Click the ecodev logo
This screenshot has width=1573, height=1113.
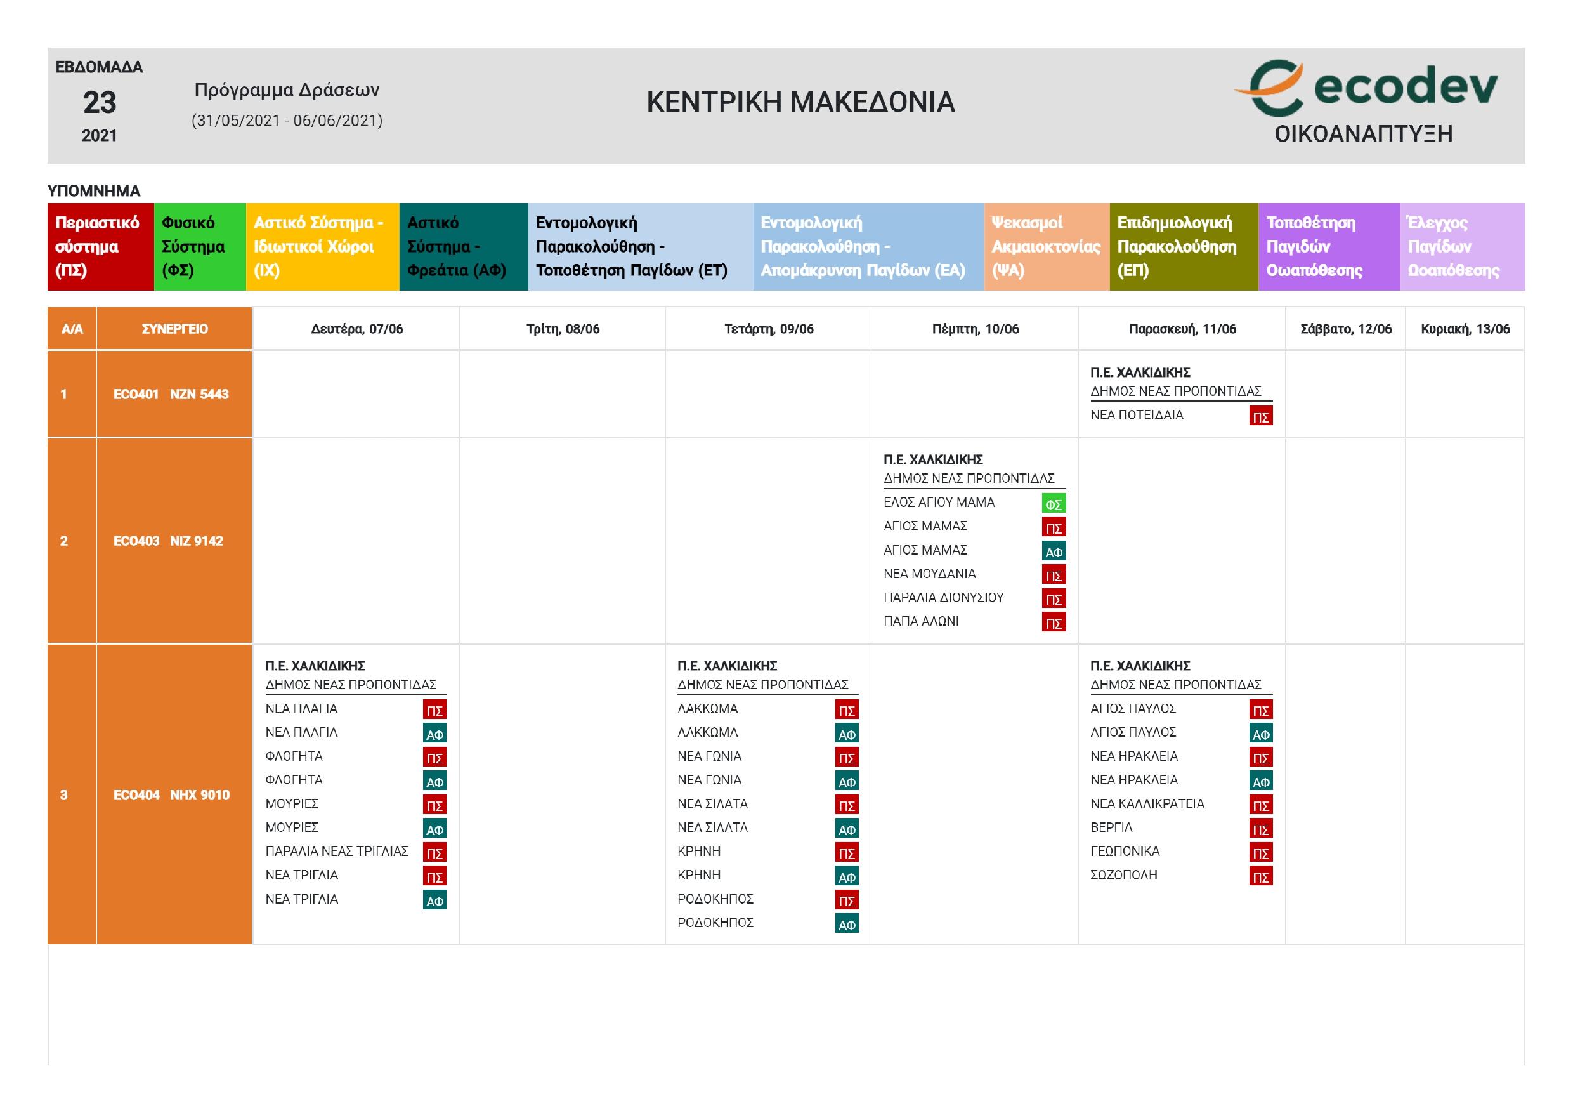coord(1365,89)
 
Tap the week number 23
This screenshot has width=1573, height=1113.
coord(100,103)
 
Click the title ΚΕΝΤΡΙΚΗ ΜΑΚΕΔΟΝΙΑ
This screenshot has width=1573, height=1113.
coord(800,102)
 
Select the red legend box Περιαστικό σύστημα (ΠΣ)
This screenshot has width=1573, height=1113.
coord(100,247)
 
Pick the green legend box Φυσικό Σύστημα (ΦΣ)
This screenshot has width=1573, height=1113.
coord(199,247)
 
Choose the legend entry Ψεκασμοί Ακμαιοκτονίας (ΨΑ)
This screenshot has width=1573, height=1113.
coord(1045,247)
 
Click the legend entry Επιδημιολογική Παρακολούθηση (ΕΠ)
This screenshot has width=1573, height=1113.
coord(1182,247)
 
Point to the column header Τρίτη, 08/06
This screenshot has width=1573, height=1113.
coord(563,329)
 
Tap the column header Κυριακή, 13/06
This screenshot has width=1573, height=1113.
coord(1465,329)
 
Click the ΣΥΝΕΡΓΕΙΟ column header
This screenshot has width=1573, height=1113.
coord(174,329)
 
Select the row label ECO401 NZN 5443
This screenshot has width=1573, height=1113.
coord(171,394)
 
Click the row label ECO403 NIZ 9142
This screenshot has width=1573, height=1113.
coord(169,541)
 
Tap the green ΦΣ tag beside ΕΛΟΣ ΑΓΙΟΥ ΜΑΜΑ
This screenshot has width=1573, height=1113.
coord(1053,504)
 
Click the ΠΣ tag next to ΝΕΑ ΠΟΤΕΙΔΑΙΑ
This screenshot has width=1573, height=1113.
coord(1260,417)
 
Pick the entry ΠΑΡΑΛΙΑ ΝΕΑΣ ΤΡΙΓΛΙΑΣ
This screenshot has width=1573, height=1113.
coord(337,851)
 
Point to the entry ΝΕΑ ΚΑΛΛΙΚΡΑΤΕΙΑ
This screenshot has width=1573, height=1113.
coord(1147,803)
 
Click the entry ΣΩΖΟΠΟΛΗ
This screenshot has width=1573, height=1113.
coord(1123,875)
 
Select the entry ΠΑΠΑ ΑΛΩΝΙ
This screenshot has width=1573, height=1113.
coord(921,622)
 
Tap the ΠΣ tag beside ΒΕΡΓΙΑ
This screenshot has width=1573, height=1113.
coord(1260,829)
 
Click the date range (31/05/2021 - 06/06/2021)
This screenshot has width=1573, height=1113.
coord(287,121)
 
